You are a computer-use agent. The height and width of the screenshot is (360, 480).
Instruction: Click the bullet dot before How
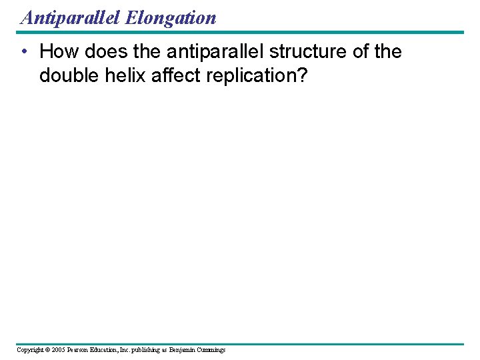pyautogui.click(x=23, y=52)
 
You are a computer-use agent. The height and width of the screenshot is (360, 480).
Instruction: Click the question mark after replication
pyautogui.click(x=303, y=75)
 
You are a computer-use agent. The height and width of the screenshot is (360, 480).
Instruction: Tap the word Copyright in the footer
pyautogui.click(x=31, y=349)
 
